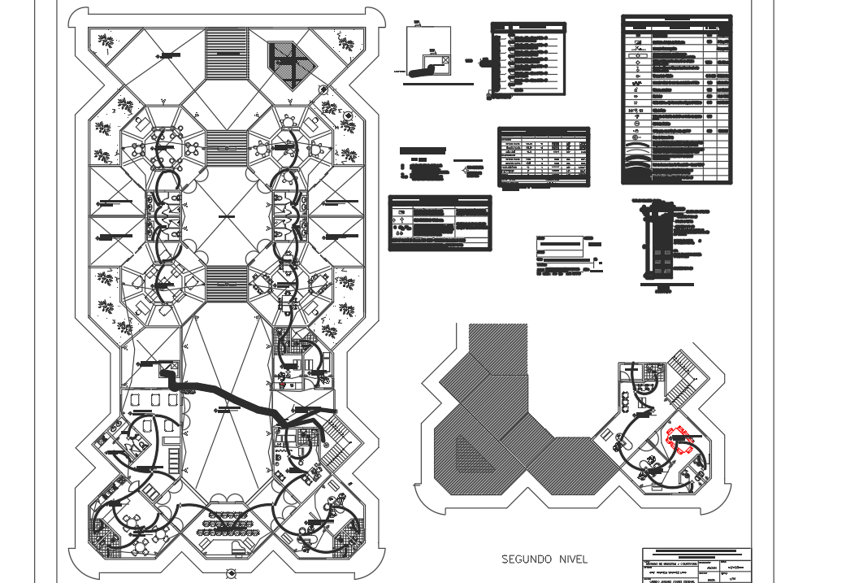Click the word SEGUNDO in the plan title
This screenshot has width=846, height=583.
(527, 559)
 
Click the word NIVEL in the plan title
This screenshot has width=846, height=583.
(571, 559)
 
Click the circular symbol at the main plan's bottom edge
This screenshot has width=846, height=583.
(231, 574)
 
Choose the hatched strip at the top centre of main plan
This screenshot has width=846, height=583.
(225, 54)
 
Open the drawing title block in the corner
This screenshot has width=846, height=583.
(696, 565)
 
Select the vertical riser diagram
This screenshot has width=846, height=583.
(662, 244)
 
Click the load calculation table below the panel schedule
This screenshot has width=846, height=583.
(543, 156)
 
